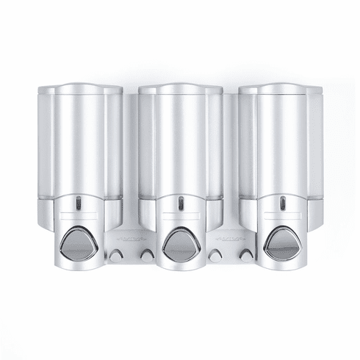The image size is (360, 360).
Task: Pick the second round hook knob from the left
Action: (x=147, y=255)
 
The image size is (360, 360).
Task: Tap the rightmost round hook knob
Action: (x=246, y=255)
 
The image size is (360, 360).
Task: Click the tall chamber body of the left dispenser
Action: (x=79, y=143)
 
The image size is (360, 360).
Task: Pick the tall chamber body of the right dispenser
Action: (x=281, y=143)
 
